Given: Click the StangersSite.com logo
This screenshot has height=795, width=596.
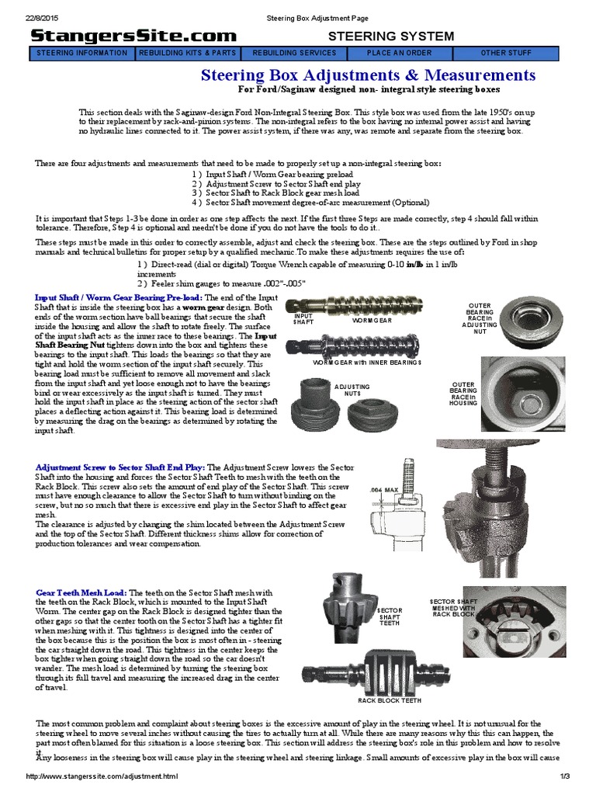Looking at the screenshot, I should pyautogui.click(x=133, y=36).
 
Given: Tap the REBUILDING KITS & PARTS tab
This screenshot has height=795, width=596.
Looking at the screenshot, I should pyautogui.click(x=188, y=54).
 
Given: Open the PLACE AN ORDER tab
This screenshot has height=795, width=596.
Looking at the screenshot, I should pyautogui.click(x=400, y=54).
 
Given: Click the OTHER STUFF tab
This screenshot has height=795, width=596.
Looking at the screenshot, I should pyautogui.click(x=506, y=54).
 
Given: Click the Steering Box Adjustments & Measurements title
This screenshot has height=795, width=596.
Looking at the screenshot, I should pyautogui.click(x=368, y=75).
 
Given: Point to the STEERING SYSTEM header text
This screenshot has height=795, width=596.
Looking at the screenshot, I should pyautogui.click(x=391, y=36).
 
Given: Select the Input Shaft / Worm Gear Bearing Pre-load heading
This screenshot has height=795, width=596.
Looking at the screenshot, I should pyautogui.click(x=119, y=298).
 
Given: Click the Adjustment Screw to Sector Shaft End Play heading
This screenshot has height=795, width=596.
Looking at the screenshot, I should pyautogui.click(x=120, y=467).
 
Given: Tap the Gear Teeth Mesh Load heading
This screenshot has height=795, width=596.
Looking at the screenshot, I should pyautogui.click(x=82, y=592).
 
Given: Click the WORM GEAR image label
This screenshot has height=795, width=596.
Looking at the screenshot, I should pyautogui.click(x=372, y=320).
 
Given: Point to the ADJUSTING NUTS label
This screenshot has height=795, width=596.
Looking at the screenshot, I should pyautogui.click(x=352, y=390).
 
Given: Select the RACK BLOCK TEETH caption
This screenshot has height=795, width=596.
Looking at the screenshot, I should pyautogui.click(x=389, y=701).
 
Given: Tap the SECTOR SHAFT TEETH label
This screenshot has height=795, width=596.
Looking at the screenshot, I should pyautogui.click(x=389, y=617).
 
